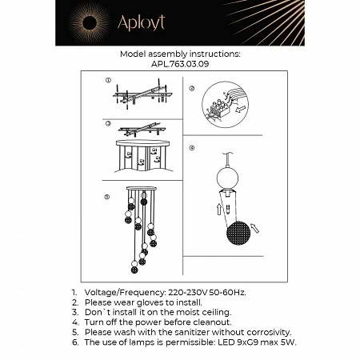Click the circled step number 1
108,81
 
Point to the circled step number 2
191,89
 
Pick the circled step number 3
108,124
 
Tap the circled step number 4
191,148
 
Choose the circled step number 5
108,196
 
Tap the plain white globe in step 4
228,180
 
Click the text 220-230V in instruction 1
191,295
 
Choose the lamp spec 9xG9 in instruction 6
244,341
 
